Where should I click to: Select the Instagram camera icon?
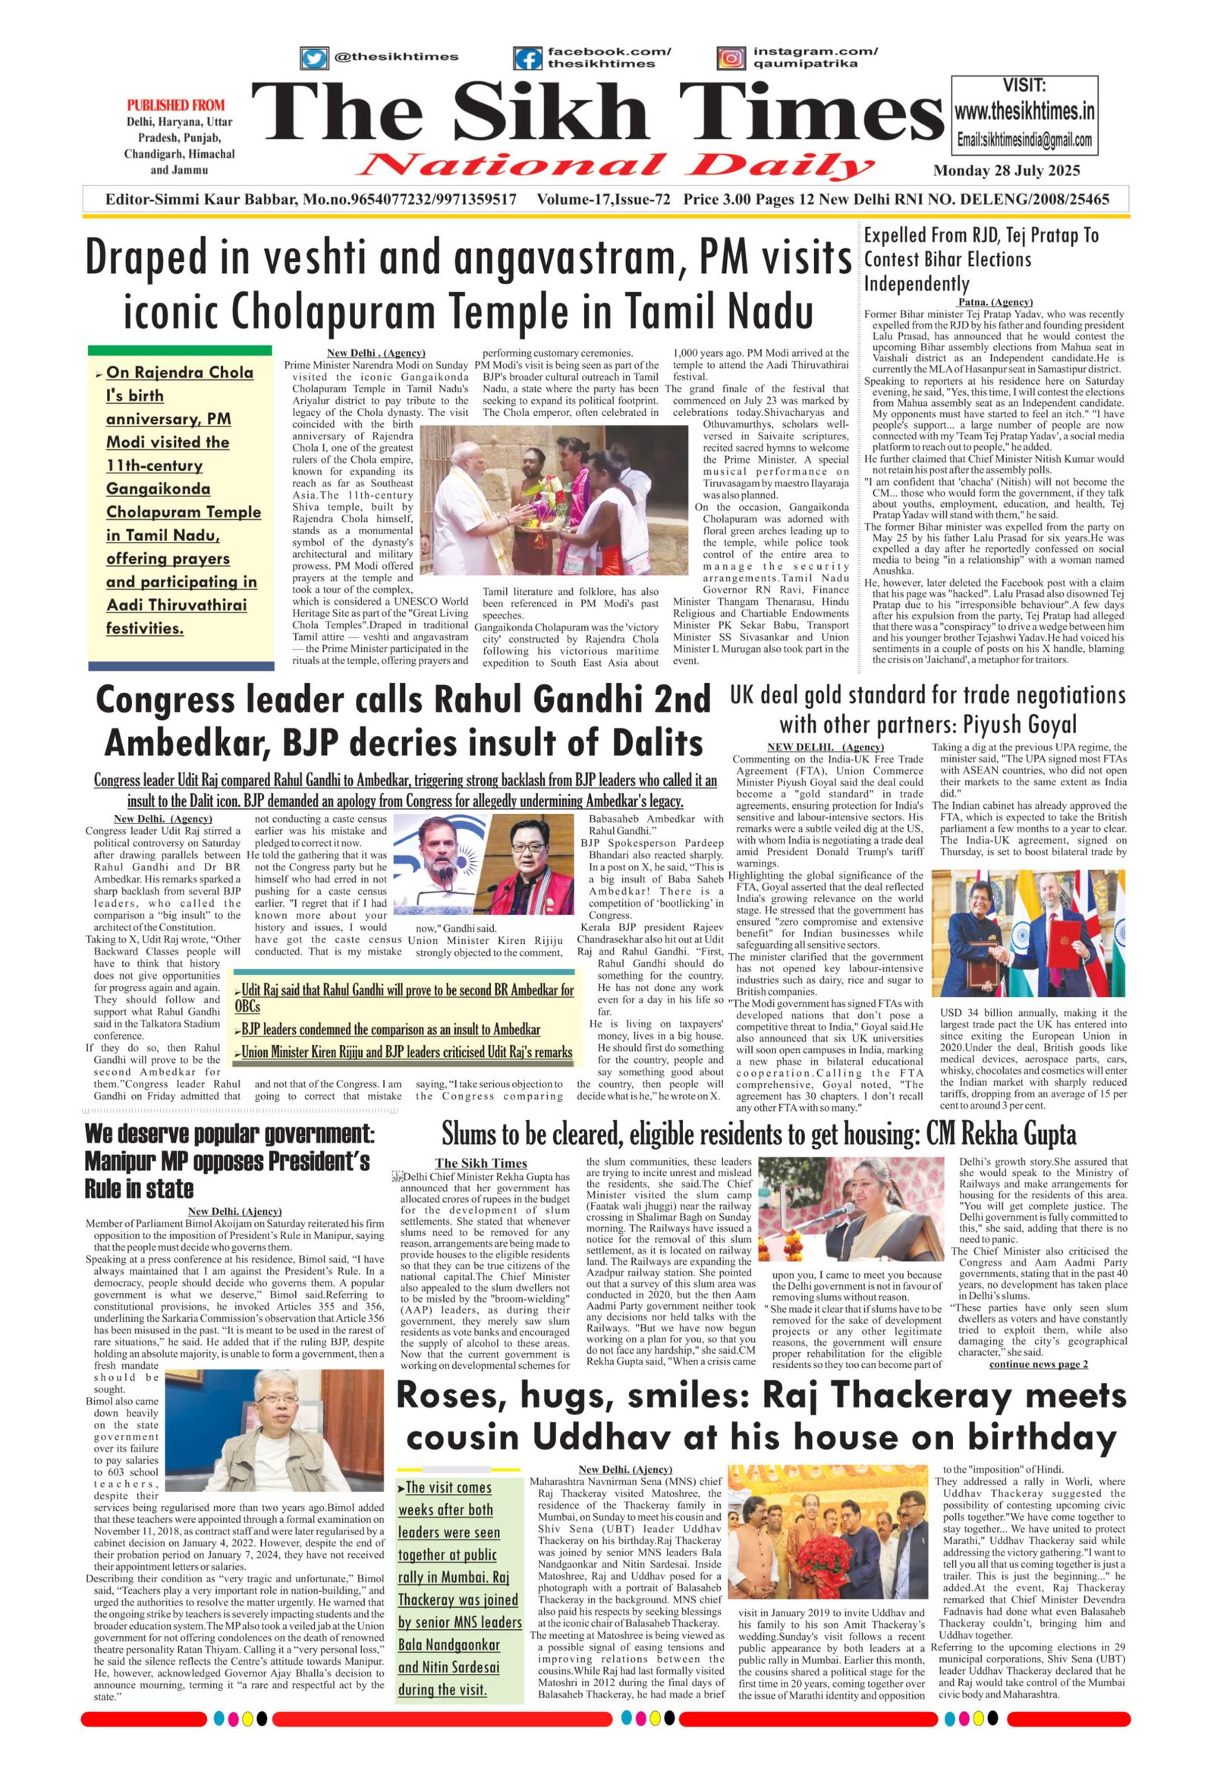click(731, 58)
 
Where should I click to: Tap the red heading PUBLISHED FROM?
click(176, 105)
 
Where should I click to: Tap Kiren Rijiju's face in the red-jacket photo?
click(527, 845)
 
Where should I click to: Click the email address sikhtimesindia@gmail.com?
click(1024, 140)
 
